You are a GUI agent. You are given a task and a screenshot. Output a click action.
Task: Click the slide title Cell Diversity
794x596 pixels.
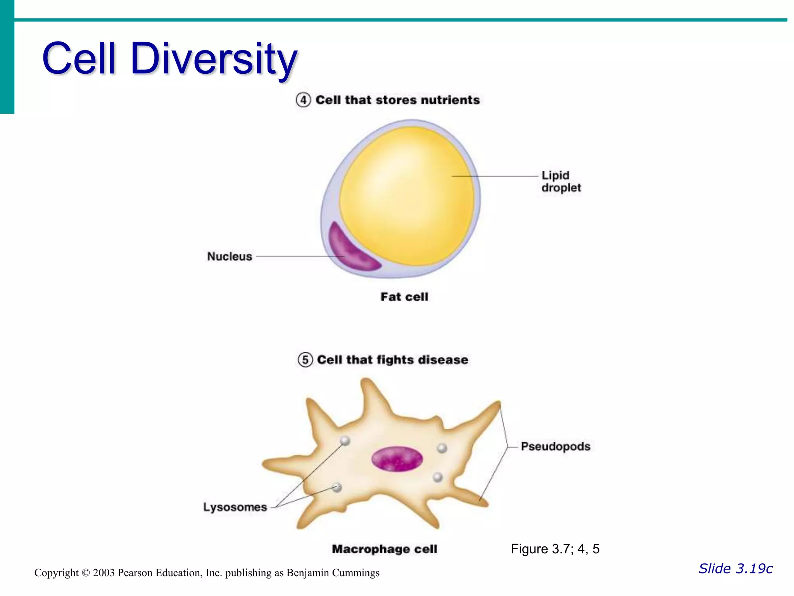point(169,59)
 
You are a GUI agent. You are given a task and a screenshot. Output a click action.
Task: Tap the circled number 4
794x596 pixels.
point(303,100)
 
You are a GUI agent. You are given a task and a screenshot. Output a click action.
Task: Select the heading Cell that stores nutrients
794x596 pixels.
point(397,100)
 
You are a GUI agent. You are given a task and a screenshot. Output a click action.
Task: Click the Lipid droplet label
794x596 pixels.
point(561,182)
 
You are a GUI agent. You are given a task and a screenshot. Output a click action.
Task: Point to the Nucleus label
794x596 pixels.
point(230,256)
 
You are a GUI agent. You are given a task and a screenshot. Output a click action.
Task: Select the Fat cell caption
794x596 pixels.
point(404,297)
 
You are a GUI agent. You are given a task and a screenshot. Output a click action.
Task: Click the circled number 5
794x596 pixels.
point(305,360)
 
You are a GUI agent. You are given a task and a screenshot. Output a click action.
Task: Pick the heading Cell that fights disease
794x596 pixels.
point(392,360)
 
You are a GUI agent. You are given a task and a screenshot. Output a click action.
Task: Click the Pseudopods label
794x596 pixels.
point(555,447)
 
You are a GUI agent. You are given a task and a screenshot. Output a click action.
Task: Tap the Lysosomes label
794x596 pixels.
point(235,507)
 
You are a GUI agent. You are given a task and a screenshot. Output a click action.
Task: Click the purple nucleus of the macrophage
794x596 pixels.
point(397,459)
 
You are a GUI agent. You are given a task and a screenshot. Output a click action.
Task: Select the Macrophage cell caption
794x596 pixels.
point(385,549)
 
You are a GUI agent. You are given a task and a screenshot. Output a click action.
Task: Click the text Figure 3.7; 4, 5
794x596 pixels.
point(555,549)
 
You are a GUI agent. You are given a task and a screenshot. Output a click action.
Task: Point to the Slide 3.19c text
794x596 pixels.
point(735,568)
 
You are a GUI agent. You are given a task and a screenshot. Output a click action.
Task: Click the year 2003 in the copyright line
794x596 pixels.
point(104,573)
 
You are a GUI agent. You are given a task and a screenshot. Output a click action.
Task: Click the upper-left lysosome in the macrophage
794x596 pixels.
point(345,440)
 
